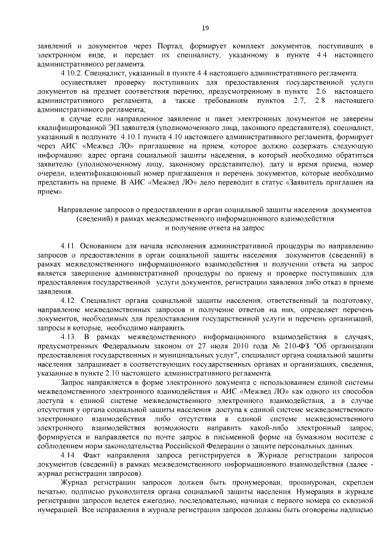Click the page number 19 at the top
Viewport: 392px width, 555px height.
(205, 28)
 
